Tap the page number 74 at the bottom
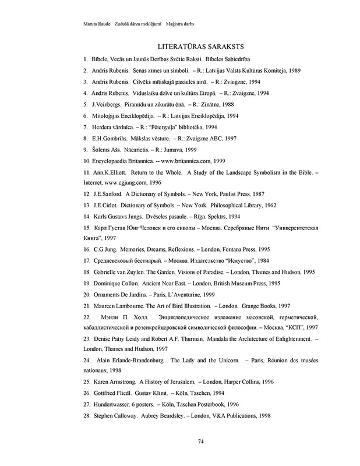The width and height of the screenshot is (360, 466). click(x=200, y=440)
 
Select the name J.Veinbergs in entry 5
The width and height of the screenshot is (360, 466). click(x=108, y=104)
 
